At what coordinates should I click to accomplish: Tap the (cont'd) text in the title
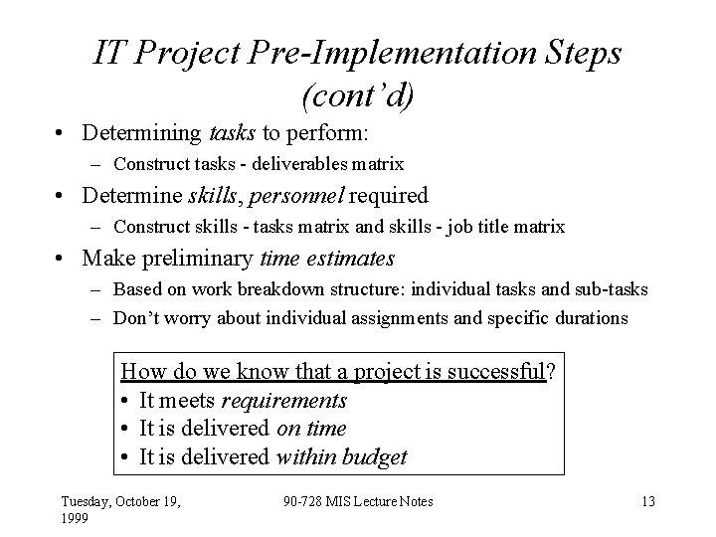tap(357, 96)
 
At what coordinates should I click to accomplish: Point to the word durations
tap(594, 318)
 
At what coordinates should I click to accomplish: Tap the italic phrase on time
tap(311, 429)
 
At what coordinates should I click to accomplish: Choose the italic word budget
tap(372, 457)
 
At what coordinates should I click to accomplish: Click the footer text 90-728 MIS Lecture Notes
tap(357, 502)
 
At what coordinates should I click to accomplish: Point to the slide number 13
tap(648, 502)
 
